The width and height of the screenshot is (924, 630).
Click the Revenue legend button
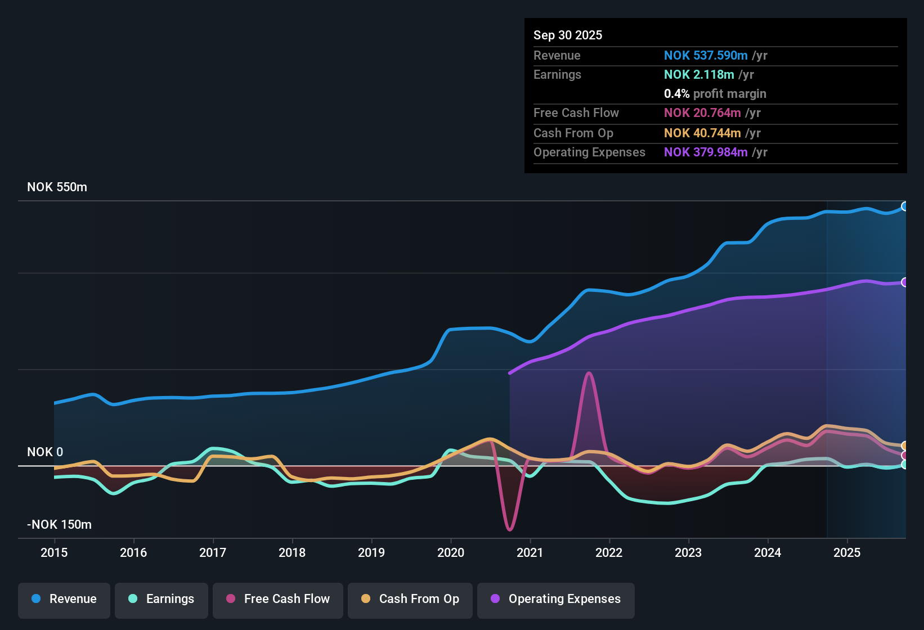64,599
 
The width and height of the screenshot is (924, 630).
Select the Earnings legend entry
162,599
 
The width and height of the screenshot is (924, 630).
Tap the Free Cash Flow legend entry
278,599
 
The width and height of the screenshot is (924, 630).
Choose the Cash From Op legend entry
410,599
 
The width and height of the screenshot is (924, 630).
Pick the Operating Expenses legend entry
556,599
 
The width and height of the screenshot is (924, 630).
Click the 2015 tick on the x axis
54,552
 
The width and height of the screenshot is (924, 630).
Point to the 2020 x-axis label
451,552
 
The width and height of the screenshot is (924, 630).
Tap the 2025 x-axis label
846,552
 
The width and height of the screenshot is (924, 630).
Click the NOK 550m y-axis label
57,187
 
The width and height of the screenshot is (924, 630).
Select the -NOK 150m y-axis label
59,525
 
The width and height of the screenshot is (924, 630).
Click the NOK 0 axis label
45,452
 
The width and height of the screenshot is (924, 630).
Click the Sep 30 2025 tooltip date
567,35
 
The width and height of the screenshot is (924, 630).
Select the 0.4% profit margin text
715,94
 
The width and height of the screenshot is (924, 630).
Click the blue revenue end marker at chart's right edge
904,206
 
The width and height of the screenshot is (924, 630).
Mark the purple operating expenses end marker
904,282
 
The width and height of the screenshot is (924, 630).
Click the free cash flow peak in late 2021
589,373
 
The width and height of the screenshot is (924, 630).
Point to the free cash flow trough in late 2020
510,529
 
